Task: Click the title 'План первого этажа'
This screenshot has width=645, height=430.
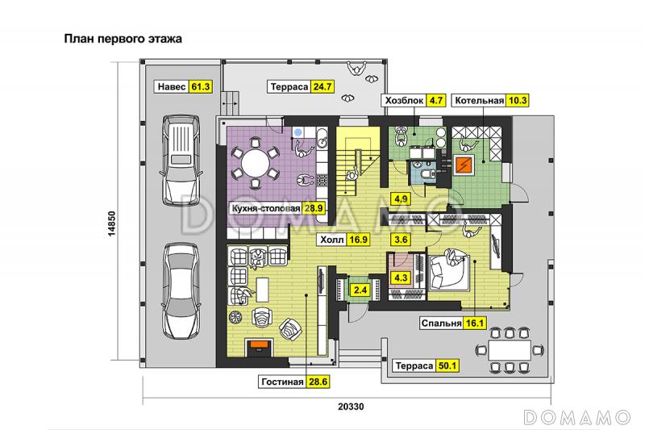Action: tap(123, 39)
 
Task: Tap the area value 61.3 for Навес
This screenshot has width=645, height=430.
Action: tap(201, 87)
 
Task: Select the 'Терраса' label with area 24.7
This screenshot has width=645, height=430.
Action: tap(289, 87)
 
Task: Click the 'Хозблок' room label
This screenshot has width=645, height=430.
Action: tap(405, 100)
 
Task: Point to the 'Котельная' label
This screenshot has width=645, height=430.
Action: tap(479, 100)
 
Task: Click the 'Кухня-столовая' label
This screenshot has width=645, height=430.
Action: tap(266, 208)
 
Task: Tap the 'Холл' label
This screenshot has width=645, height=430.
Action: tap(332, 240)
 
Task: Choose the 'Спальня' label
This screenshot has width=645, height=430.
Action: tap(441, 324)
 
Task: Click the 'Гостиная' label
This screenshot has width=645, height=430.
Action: tap(282, 382)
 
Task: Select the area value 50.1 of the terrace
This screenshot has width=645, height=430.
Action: tap(447, 365)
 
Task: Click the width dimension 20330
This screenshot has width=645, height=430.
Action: tap(351, 407)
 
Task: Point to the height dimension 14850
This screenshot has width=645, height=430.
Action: tap(112, 224)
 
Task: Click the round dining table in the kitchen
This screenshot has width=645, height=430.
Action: tap(255, 162)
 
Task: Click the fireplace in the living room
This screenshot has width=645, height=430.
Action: tap(260, 348)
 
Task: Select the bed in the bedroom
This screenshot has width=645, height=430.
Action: tap(449, 272)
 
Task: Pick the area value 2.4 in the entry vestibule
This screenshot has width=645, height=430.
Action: tap(360, 290)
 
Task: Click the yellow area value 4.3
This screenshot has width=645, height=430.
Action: tap(401, 278)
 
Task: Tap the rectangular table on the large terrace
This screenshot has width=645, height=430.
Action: tap(510, 350)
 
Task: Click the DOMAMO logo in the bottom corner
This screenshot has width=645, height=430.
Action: tap(577, 417)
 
